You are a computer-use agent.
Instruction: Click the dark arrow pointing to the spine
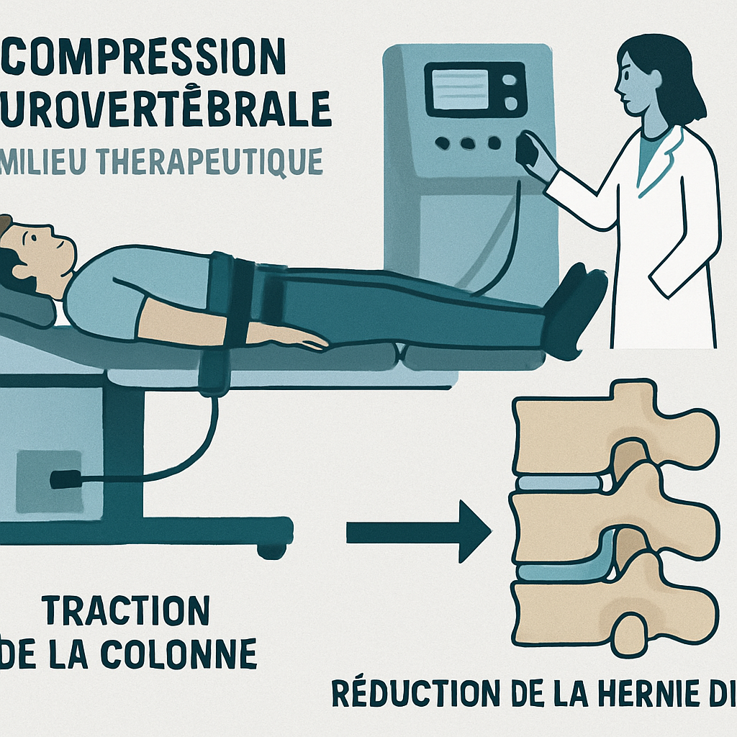tap(417, 532)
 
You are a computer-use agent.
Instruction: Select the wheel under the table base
tap(272, 551)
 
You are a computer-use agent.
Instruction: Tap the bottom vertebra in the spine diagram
tap(612, 608)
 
